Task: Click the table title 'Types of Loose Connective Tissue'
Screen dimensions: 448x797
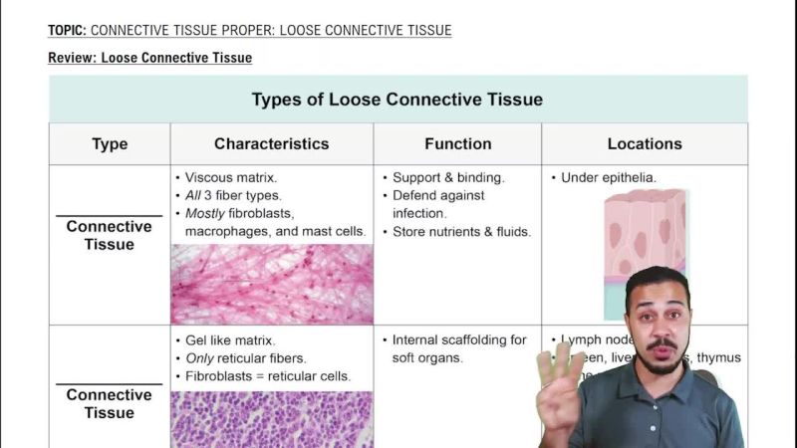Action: (x=397, y=100)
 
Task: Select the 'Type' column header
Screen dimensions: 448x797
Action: (x=110, y=143)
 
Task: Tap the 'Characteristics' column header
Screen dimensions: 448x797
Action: (x=271, y=143)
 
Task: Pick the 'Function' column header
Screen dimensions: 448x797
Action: (x=457, y=143)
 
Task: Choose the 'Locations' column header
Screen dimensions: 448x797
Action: (x=645, y=143)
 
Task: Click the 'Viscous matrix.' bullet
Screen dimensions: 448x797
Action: (x=230, y=178)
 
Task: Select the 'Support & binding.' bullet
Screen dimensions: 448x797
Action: (x=447, y=178)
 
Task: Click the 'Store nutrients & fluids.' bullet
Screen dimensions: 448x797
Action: (x=460, y=232)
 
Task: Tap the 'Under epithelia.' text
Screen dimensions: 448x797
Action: (x=608, y=178)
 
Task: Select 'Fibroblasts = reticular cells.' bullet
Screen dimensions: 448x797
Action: (x=267, y=376)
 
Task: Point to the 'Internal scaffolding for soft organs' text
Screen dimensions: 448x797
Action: (x=458, y=348)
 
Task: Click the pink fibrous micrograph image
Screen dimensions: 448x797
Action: (x=271, y=284)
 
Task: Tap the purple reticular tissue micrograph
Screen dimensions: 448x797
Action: (x=271, y=418)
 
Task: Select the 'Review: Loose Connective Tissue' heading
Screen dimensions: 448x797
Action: (x=149, y=58)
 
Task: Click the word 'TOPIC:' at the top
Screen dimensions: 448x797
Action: (x=67, y=31)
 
